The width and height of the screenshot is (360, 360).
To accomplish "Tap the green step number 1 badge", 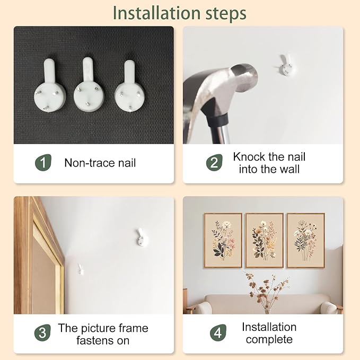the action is [43, 162].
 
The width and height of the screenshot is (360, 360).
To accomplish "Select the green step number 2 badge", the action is [214, 162].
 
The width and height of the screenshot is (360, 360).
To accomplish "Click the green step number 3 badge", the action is [42, 332].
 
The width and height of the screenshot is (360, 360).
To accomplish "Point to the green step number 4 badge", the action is [218, 332].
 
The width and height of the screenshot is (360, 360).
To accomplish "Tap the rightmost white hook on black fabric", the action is [130, 87].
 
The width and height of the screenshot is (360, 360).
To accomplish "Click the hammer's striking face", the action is [244, 77].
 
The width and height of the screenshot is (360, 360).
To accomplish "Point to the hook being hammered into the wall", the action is [286, 65].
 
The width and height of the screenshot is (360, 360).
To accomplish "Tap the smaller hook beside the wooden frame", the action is [81, 270].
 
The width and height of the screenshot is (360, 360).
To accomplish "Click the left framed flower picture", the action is [223, 240].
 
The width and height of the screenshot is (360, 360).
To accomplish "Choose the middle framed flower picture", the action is [265, 240].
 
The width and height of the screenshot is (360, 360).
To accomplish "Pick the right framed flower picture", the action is [306, 240].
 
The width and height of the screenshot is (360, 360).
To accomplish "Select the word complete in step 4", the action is [269, 339].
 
